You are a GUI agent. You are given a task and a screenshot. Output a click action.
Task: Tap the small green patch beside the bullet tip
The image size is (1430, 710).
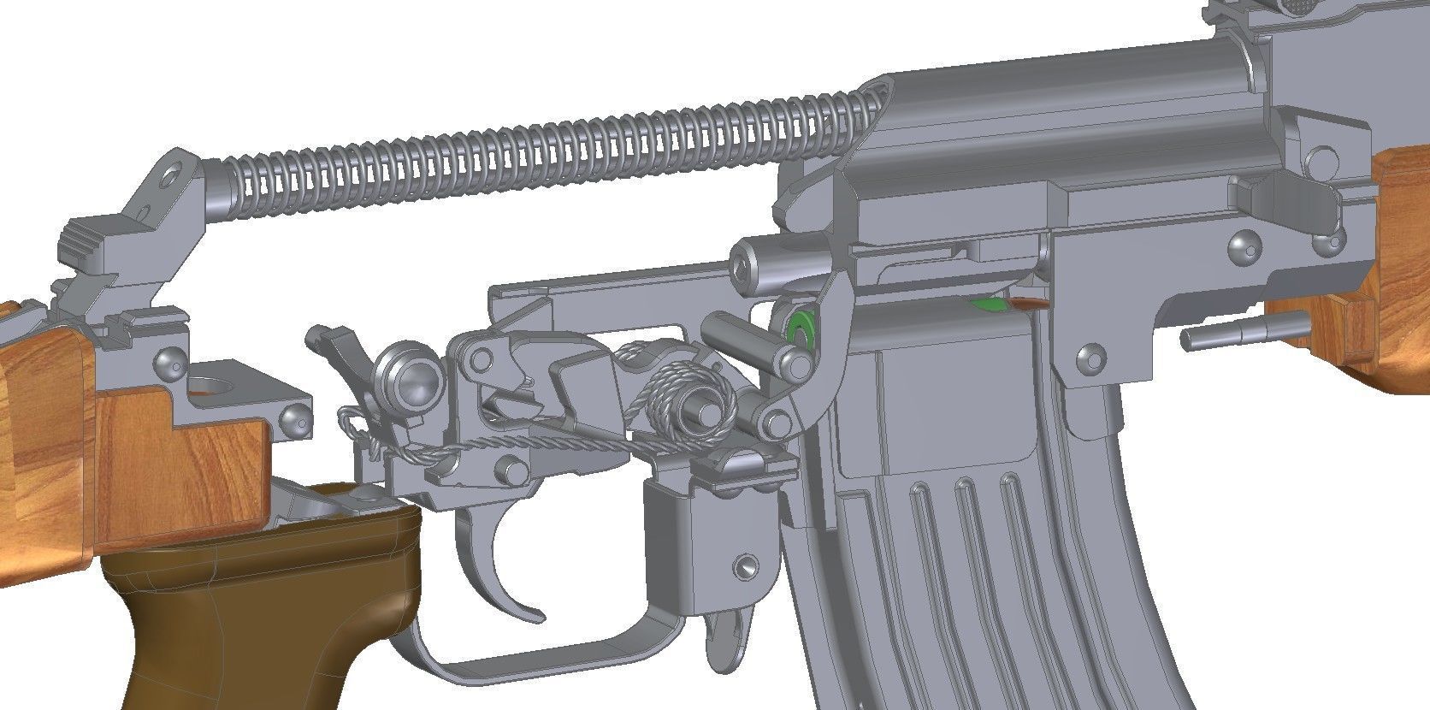[986, 303]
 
